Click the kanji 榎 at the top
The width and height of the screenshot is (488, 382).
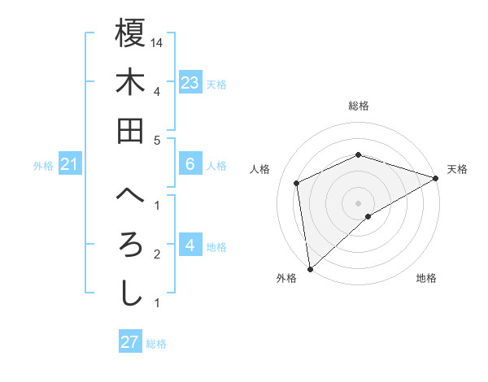(x=130, y=33)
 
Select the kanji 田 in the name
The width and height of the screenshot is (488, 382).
(x=130, y=130)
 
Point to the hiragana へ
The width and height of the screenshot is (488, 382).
(x=130, y=196)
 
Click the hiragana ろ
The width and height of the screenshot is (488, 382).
(x=130, y=245)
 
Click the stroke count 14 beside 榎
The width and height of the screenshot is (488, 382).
(x=157, y=41)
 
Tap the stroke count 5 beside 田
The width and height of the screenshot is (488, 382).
(x=157, y=140)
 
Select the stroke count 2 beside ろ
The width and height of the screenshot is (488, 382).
(x=157, y=254)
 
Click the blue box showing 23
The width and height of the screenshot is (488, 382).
(x=190, y=82)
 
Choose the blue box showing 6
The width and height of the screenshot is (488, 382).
(x=190, y=164)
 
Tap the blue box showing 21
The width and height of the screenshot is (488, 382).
(x=70, y=165)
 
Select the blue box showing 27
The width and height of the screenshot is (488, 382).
(x=130, y=342)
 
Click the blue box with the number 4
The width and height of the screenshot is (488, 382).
(x=190, y=245)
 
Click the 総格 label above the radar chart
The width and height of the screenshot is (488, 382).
(x=358, y=106)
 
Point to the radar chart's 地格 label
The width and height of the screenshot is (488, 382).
(x=426, y=278)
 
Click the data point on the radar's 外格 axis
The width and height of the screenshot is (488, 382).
(x=310, y=268)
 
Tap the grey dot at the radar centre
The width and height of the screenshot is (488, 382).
(x=358, y=202)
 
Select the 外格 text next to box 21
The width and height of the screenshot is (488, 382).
(x=43, y=166)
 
